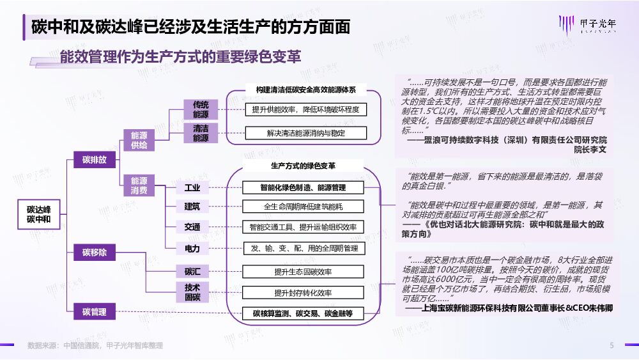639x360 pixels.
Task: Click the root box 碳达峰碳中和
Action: [39, 214]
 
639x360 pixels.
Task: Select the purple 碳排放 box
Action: [95, 159]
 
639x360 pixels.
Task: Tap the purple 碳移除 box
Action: [95, 253]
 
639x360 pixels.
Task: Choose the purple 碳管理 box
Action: [95, 312]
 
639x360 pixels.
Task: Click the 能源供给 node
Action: [139, 140]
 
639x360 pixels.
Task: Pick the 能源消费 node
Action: [139, 185]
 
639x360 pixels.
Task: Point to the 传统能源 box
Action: [201, 109]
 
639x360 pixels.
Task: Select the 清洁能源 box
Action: [201, 133]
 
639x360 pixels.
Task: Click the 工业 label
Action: [192, 187]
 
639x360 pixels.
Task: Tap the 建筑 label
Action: [192, 207]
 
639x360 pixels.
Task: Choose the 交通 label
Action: [192, 227]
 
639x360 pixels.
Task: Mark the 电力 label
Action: [192, 248]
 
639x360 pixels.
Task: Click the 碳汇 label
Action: [192, 272]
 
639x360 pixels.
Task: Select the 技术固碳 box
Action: [192, 292]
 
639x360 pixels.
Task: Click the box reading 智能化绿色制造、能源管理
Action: [303, 187]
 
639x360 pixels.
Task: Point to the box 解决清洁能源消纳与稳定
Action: [305, 133]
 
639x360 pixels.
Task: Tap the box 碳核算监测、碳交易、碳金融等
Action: [303, 313]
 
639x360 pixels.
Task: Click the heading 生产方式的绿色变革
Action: [303, 166]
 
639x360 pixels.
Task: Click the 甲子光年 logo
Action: [587, 24]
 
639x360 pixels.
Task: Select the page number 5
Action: [612, 345]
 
